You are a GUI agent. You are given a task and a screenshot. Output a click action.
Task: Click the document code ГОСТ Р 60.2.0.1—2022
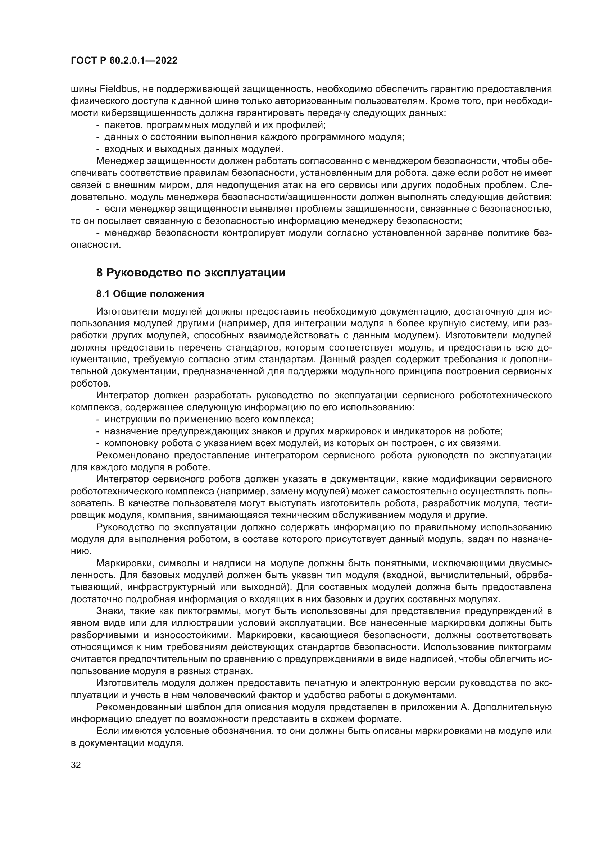[124, 61]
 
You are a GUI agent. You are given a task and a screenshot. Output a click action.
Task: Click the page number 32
[76, 765]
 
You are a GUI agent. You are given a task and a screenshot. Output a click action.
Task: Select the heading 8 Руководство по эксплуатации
[191, 273]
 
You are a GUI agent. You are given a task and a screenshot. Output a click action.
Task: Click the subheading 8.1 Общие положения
[150, 294]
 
